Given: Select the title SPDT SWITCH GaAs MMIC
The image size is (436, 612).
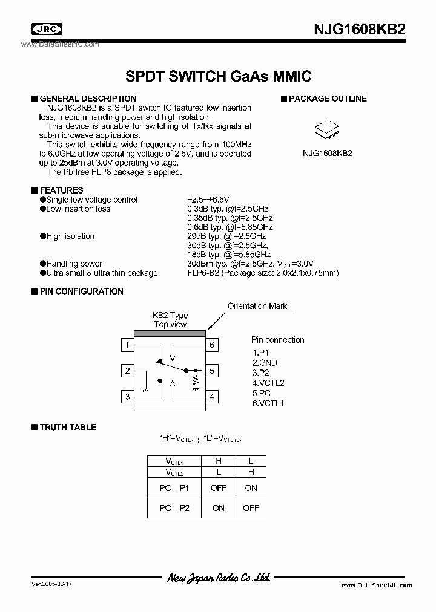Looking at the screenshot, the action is tap(218, 76).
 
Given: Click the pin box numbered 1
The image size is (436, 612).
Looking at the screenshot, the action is tap(127, 345).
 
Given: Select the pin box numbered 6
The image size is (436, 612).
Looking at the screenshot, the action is tap(212, 345).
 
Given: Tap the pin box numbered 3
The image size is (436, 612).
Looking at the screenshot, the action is tap(127, 397).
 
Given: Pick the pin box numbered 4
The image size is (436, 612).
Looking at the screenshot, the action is tap(212, 397).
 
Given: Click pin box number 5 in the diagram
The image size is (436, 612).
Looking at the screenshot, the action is tap(212, 371).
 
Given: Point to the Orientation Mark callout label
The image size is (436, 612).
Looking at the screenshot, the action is tap(257, 306).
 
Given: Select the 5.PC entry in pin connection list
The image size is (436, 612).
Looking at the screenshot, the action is tap(262, 393).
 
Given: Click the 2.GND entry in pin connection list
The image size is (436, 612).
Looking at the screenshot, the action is tap(265, 362).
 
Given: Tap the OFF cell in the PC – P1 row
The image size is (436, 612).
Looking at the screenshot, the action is tap(218, 488).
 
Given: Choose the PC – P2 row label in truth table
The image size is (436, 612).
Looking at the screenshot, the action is tap(174, 508).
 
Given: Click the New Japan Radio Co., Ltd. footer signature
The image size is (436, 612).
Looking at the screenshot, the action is tap(218, 578).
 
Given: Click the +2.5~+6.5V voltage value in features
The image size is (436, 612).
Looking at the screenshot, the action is tap(208, 200).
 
